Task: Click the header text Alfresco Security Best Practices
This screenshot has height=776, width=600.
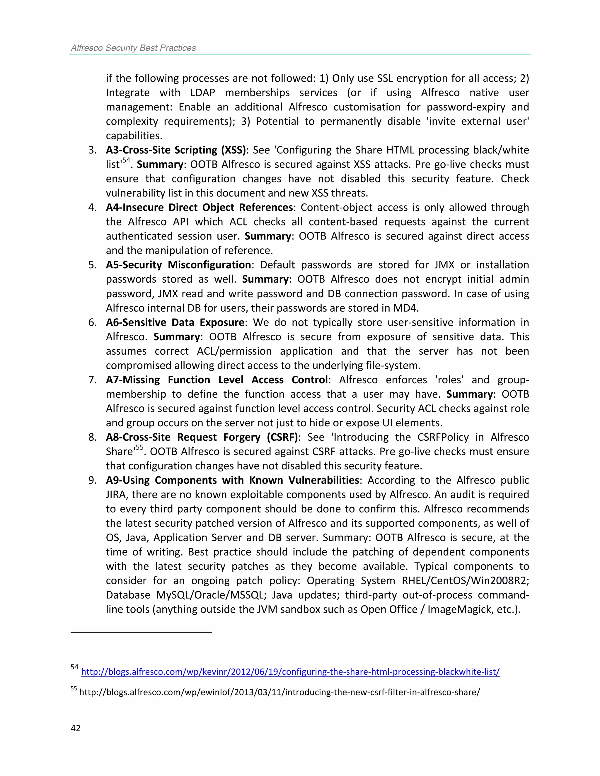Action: coord(133,48)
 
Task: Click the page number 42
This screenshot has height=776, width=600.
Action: coord(76,728)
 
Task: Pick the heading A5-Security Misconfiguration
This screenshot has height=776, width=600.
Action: coord(178,265)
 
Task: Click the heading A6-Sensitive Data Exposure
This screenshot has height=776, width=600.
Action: coord(175,323)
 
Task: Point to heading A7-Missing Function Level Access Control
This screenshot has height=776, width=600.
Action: coord(217,380)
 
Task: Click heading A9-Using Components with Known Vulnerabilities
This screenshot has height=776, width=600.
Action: coord(232,480)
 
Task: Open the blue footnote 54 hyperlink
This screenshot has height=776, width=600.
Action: coord(290,672)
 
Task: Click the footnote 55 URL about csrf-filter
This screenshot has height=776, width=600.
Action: coord(279,692)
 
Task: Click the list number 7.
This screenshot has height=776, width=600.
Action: coord(92,380)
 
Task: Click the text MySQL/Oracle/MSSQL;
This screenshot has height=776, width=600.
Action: coord(211,595)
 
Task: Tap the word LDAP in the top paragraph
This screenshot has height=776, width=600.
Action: coord(203,93)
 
